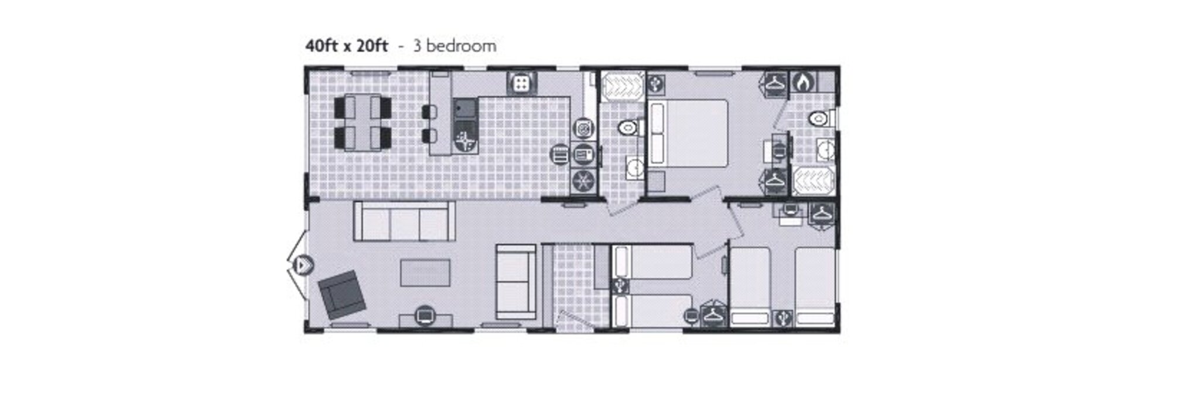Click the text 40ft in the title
pos(321,46)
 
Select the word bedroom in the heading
pos(462,46)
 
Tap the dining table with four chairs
pos(363,122)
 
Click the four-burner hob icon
pos(520,84)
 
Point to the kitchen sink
pos(466,109)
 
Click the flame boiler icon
pos(803,82)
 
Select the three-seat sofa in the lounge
pos(404,221)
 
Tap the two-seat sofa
pos(515,281)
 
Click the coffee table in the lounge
pos(425,272)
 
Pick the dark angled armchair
pos(342,295)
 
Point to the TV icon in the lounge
pos(425,316)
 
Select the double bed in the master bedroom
pos(687,133)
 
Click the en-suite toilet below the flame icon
pos(819,120)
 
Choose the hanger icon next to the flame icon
pos(776,83)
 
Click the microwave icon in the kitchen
pos(583,155)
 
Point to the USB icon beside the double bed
pos(655,84)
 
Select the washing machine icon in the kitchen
pos(583,128)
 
